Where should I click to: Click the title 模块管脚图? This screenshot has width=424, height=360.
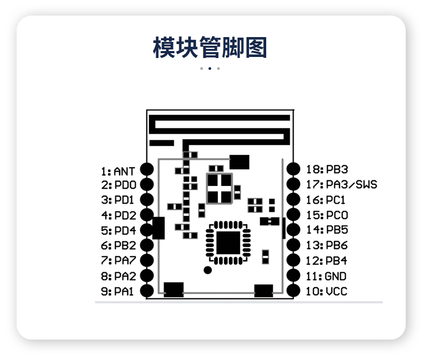210,48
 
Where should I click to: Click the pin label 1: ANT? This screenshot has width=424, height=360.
118,171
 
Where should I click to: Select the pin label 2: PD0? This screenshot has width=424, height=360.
118,185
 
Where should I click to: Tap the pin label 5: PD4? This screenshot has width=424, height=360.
118,231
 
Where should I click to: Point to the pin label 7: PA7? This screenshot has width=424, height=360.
118,261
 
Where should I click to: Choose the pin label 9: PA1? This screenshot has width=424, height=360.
118,291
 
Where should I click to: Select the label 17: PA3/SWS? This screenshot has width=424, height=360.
341,184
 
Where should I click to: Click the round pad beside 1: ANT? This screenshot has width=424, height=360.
147,169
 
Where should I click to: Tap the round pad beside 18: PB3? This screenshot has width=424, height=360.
293,169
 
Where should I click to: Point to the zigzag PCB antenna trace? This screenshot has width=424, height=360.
220,129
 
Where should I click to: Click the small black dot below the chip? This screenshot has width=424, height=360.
207,270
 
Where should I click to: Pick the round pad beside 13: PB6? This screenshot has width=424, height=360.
293,245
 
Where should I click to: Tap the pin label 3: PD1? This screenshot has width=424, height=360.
118,200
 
